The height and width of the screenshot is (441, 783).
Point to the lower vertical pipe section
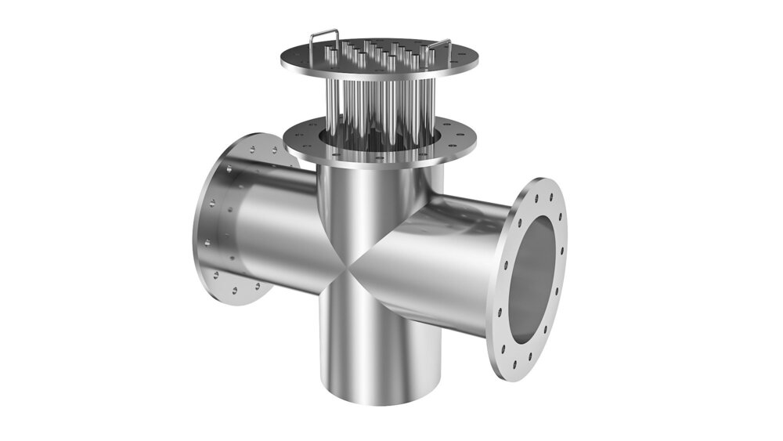(x=368, y=345)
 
